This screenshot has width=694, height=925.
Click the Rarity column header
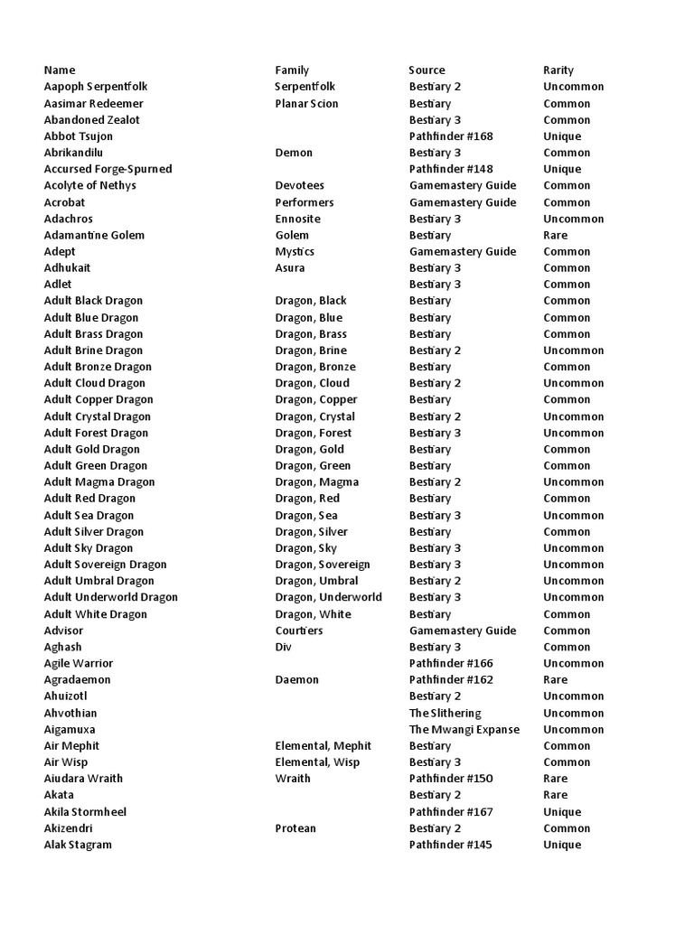point(558,70)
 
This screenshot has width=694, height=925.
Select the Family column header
point(292,70)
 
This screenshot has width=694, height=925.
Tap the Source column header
point(427,70)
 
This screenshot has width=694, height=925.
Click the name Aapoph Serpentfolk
point(96,87)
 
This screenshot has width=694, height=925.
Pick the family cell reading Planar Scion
point(306,104)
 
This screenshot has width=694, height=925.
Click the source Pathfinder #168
point(451,136)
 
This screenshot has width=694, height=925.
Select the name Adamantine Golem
point(94,235)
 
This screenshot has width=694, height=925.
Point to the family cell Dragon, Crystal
point(314,416)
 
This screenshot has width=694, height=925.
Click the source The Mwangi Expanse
point(464,729)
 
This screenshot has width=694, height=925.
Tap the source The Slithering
point(445,713)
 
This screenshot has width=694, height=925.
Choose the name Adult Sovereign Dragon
point(105,565)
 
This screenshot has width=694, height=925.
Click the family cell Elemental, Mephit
point(323,745)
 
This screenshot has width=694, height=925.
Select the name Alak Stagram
point(78,845)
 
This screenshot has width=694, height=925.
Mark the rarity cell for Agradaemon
point(555,679)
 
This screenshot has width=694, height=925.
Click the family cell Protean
point(295,828)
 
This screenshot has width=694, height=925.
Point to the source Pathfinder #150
point(451,779)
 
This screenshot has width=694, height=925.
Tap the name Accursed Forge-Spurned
point(108,169)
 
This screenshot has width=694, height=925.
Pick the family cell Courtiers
point(298,631)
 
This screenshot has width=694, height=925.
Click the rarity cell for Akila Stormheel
point(561,812)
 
